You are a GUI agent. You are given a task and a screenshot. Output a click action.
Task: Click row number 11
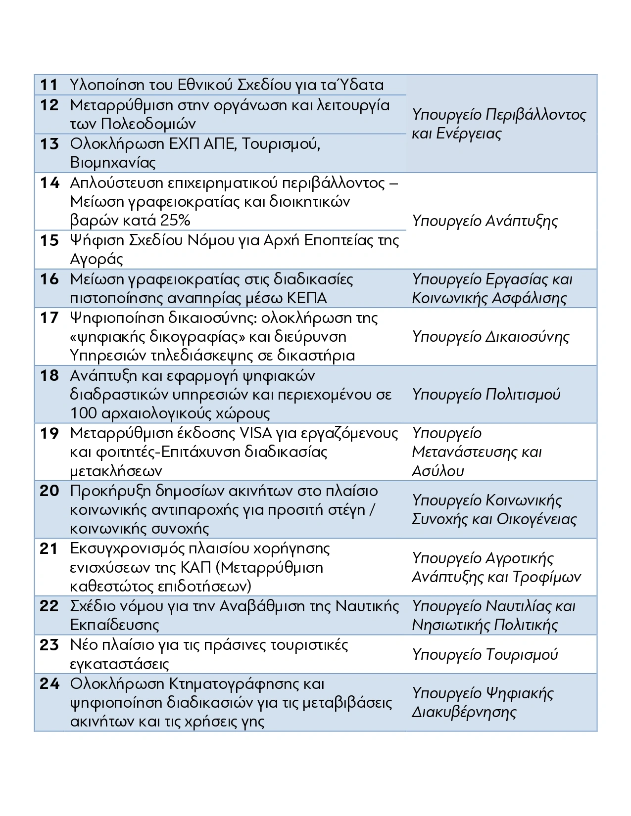pyautogui.click(x=49, y=85)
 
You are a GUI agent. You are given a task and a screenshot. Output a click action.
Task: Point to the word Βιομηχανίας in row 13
pyautogui.click(x=113, y=162)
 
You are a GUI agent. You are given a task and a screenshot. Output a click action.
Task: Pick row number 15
pyautogui.click(x=49, y=240)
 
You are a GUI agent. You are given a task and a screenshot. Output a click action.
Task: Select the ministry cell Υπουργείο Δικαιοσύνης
pyautogui.click(x=490, y=337)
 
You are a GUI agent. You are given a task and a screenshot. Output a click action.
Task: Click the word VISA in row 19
pyautogui.click(x=255, y=433)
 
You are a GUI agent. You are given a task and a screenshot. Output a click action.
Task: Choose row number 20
pyautogui.click(x=49, y=491)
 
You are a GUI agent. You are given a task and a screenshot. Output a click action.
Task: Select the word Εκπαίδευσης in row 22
pyautogui.click(x=114, y=625)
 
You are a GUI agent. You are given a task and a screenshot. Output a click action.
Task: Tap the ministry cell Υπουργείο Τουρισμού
pyautogui.click(x=485, y=654)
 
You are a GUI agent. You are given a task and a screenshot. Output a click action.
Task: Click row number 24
pyautogui.click(x=49, y=684)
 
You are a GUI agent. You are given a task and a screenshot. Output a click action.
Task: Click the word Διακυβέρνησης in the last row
pyautogui.click(x=464, y=712)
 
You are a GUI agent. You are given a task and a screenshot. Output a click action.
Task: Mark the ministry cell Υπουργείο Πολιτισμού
pyautogui.click(x=486, y=395)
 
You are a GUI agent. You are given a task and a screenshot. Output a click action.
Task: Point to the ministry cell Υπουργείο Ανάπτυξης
pyautogui.click(x=485, y=221)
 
